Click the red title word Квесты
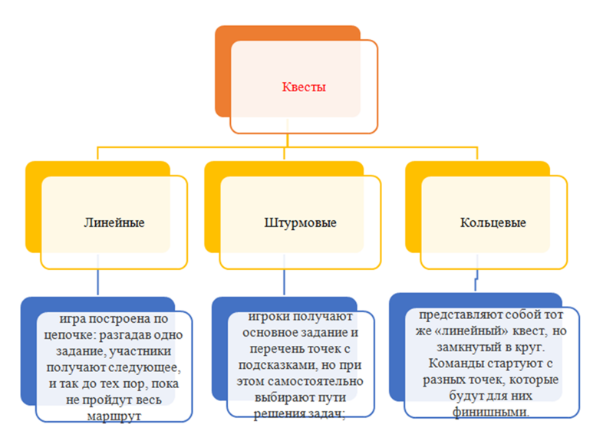pyautogui.click(x=305, y=87)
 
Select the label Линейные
pyautogui.click(x=114, y=222)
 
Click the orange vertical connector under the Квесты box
pyautogui.click(x=287, y=139)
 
